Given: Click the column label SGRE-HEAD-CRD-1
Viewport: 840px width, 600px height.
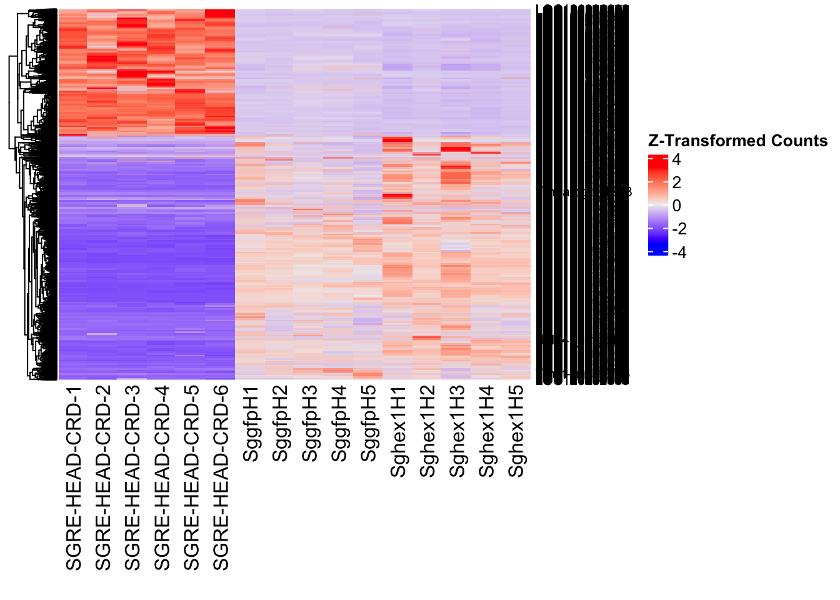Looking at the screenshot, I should [74, 478].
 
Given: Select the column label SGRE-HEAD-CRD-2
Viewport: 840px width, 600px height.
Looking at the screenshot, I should [103, 478].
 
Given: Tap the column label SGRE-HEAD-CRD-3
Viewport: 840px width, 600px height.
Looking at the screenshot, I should [132, 478].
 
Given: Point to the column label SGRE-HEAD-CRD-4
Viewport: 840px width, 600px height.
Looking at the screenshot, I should [162, 478].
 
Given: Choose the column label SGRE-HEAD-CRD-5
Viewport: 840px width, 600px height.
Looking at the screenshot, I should [191, 478].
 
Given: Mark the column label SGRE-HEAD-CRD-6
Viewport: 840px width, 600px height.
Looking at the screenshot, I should [221, 478].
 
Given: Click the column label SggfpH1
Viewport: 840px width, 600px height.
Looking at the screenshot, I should [251, 424].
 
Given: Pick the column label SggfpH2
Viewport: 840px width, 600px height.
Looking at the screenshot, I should [280, 424].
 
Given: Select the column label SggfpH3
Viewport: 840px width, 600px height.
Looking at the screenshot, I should [309, 424].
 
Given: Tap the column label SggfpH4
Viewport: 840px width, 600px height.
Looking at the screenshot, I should [339, 424].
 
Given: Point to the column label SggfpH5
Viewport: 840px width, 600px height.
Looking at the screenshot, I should [369, 424].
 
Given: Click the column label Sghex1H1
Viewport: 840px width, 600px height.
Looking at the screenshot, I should [398, 431].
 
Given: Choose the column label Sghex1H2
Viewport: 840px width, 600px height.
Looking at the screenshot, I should [427, 431].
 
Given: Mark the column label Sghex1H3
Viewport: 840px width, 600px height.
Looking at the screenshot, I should [457, 431].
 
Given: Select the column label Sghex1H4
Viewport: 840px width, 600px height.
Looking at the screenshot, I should [486, 431].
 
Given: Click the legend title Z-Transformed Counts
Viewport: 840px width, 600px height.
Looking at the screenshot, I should [737, 141].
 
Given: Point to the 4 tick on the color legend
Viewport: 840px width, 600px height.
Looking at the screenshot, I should [676, 159].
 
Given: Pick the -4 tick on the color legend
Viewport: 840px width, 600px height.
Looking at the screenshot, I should [679, 252].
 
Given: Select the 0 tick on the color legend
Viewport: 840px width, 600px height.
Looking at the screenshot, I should [676, 206].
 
